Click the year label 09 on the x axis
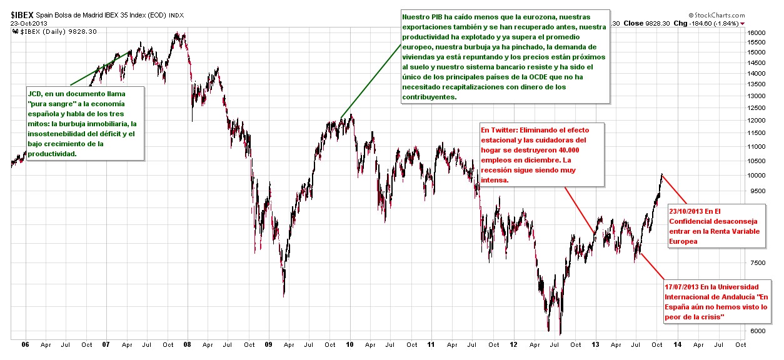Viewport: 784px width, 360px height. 268,344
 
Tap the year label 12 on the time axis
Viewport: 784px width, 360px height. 513,344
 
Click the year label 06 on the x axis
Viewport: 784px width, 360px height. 26,344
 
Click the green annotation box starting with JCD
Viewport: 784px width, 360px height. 84,122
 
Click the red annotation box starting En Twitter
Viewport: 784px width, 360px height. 541,154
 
